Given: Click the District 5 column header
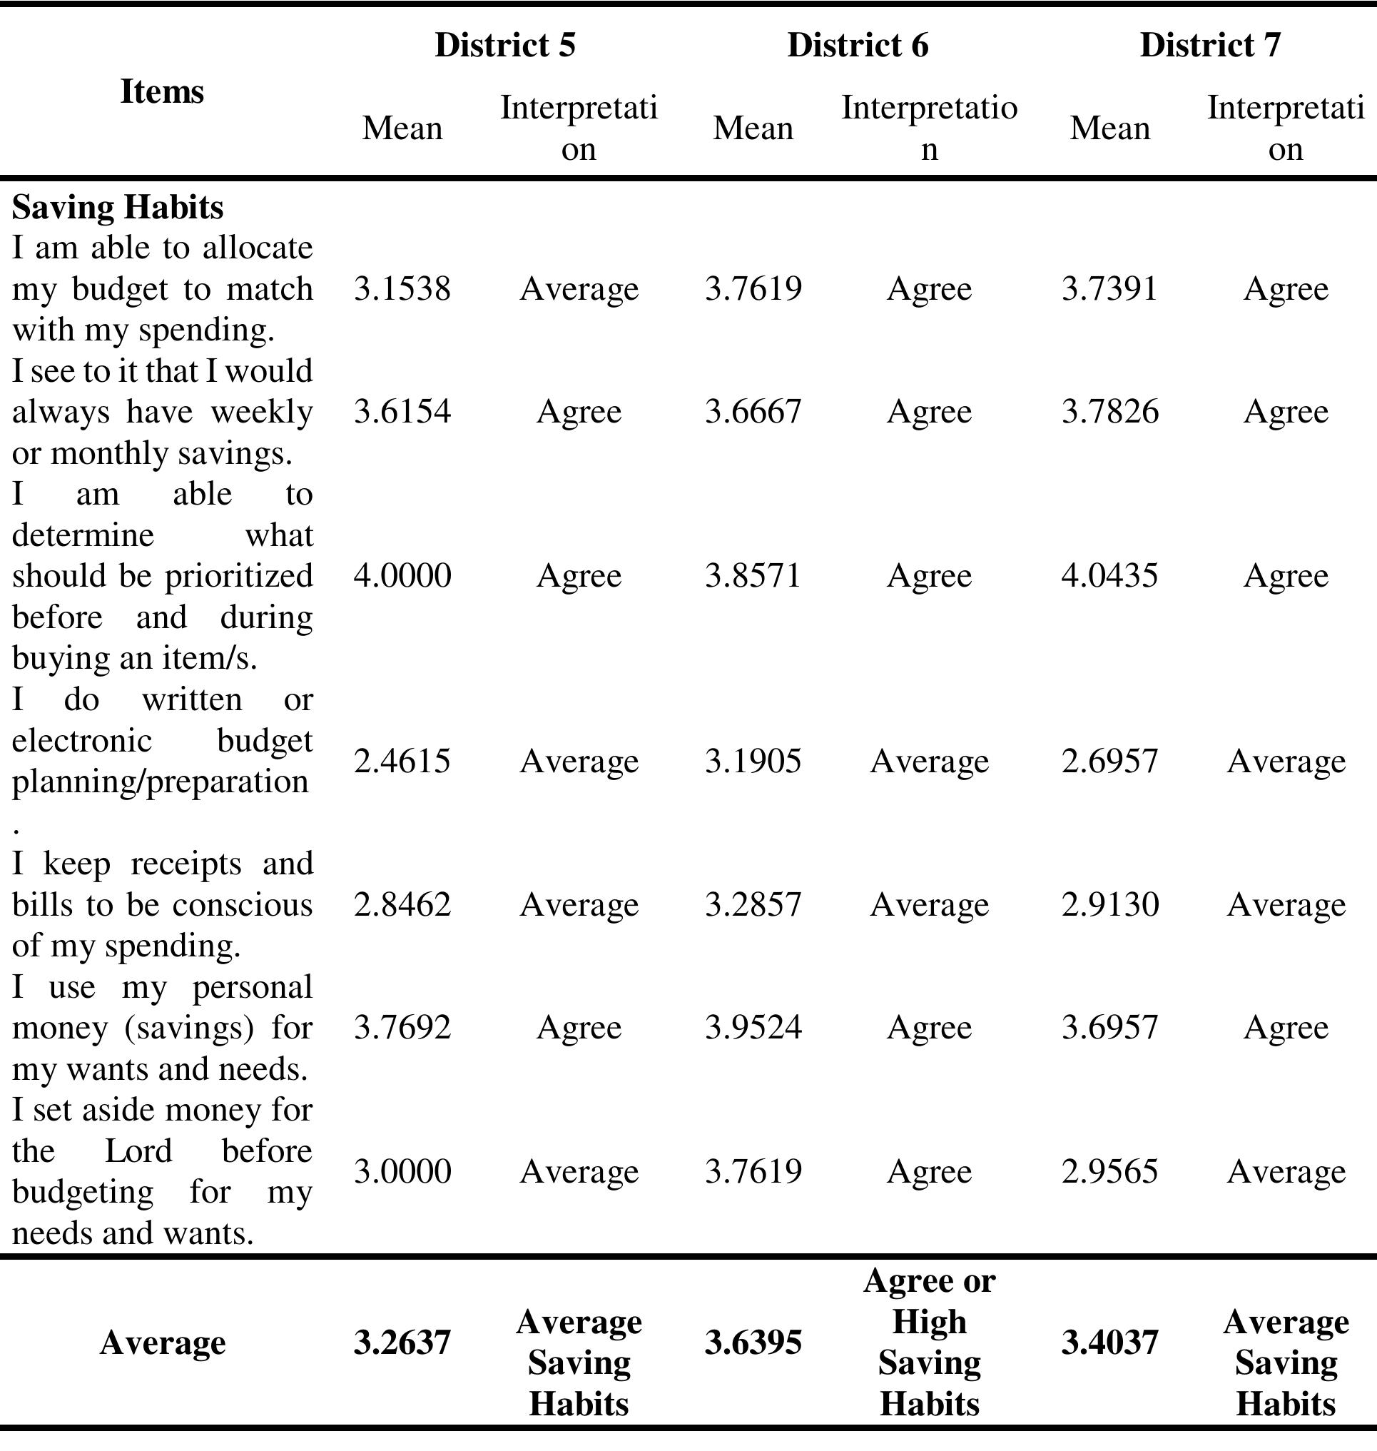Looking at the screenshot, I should [505, 45].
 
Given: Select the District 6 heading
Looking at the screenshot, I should [858, 45].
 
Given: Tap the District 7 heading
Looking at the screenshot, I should [1209, 45].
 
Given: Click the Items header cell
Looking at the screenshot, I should [161, 92].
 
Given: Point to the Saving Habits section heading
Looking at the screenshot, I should [118, 207].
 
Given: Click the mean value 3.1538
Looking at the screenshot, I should [402, 288].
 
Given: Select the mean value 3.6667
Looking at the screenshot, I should [753, 411].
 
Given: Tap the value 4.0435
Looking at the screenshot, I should [1109, 575].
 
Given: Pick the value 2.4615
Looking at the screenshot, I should [402, 761].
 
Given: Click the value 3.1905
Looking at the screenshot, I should [753, 761].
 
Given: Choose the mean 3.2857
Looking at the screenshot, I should [753, 904].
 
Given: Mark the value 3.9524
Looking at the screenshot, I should [753, 1026].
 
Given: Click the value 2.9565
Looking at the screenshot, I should [1109, 1171].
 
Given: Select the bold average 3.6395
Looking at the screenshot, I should [753, 1343].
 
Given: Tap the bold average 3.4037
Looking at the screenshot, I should [1109, 1343].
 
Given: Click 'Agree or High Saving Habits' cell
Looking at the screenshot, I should [929, 1343].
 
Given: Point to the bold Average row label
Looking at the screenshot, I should [162, 1343].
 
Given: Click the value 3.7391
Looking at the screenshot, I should [1109, 288].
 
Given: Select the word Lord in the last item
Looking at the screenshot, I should [138, 1151].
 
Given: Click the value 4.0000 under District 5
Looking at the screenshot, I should [402, 575].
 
